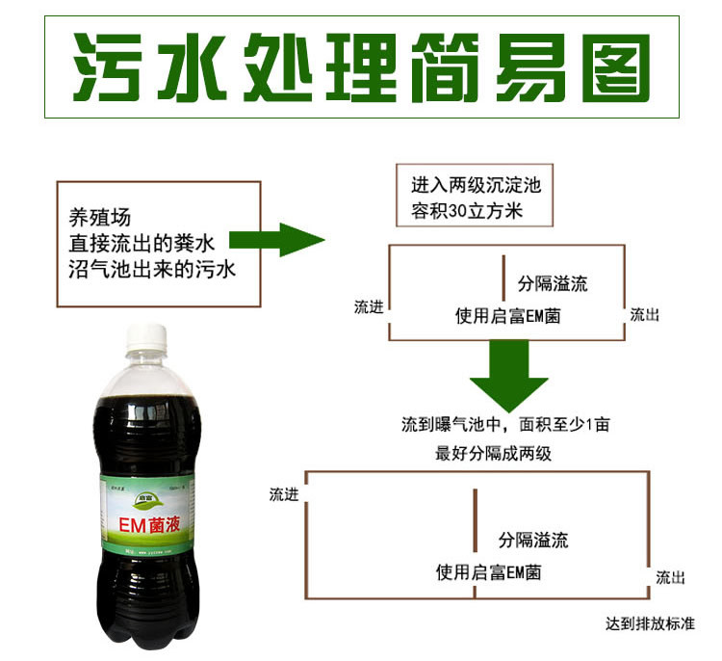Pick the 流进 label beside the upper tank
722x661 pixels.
coord(369,307)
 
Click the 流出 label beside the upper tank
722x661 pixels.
coord(644,314)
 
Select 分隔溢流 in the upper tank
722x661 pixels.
coord(553,284)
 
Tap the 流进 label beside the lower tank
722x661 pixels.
coord(284,494)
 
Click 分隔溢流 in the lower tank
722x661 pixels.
coord(533,540)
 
